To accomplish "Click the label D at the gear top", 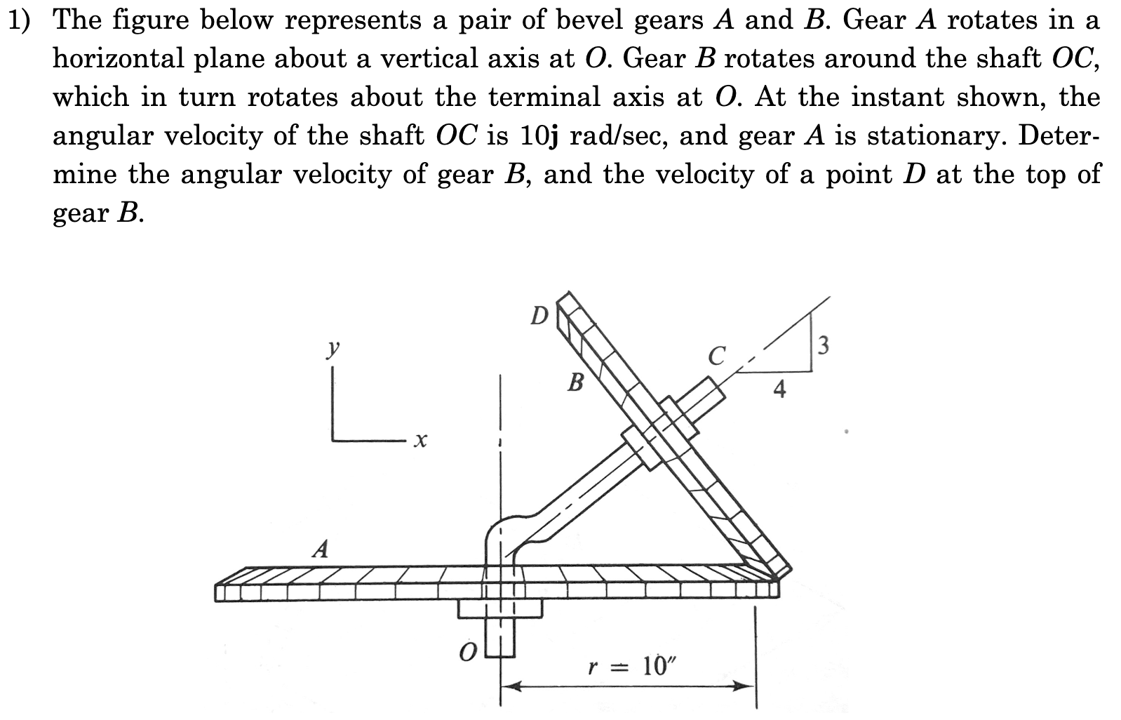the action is pos(539,316).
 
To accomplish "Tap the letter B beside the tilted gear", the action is pos(575,382).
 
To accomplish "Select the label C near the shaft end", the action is pos(716,356).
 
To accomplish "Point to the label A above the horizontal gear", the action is pos(321,548).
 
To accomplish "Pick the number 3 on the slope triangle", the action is pos(824,345).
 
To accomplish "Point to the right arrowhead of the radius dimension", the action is pos(745,686).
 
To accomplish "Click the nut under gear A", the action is pos(499,608).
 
